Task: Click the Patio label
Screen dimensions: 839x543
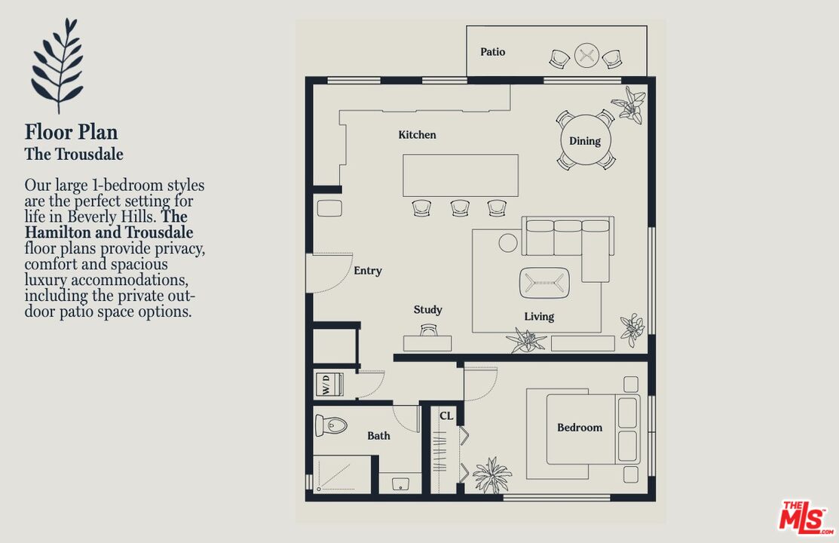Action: [x=492, y=52]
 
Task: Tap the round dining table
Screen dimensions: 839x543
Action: [x=586, y=140]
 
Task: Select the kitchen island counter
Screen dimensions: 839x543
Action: [x=460, y=175]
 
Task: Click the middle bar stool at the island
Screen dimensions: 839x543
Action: [x=460, y=208]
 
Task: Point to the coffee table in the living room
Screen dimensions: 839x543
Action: [x=544, y=282]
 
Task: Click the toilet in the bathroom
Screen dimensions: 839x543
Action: [x=331, y=425]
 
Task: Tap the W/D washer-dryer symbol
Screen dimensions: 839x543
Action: [x=329, y=385]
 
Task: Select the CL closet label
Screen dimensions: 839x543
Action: [x=446, y=416]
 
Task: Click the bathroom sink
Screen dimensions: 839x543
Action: [x=400, y=483]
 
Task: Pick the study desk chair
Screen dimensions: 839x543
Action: [x=429, y=330]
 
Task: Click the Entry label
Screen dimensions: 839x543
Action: [x=368, y=271]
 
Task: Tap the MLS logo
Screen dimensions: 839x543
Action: [x=806, y=518]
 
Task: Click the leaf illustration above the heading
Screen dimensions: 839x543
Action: [x=58, y=66]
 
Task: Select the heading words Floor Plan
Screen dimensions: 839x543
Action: [x=71, y=132]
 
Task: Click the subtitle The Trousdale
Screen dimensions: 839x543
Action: [x=74, y=154]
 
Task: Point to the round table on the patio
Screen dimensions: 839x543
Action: [x=586, y=55]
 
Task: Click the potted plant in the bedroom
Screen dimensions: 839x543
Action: [x=491, y=475]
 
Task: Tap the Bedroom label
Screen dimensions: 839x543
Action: [x=580, y=428]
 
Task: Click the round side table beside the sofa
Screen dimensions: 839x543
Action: [x=508, y=243]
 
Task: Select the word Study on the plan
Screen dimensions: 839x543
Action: [x=427, y=309]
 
